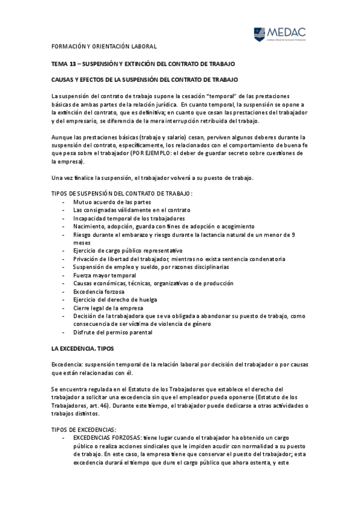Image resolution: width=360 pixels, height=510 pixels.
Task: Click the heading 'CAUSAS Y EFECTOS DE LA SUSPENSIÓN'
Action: coord(145,79)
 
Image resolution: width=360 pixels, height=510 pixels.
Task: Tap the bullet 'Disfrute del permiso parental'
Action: coord(112,332)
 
